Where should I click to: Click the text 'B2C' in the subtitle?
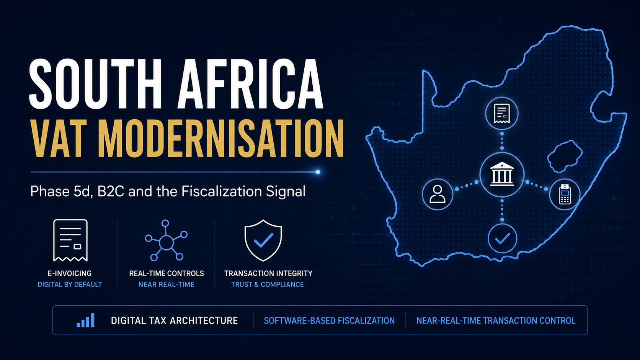tap(111, 191)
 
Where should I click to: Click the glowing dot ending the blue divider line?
tap(318, 172)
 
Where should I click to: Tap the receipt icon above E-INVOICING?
tap(70, 240)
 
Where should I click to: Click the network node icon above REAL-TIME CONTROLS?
tap(166, 240)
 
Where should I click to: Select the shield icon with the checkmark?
tap(263, 240)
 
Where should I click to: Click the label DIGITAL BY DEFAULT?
tap(70, 285)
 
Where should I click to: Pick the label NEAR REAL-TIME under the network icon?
tap(166, 285)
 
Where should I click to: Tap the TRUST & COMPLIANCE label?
tap(268, 285)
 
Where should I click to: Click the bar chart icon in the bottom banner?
tap(85, 320)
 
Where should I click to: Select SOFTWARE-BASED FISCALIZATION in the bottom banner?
tap(329, 321)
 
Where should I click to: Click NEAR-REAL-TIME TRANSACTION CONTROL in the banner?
tap(496, 321)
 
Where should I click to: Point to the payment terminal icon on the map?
tap(565, 194)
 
